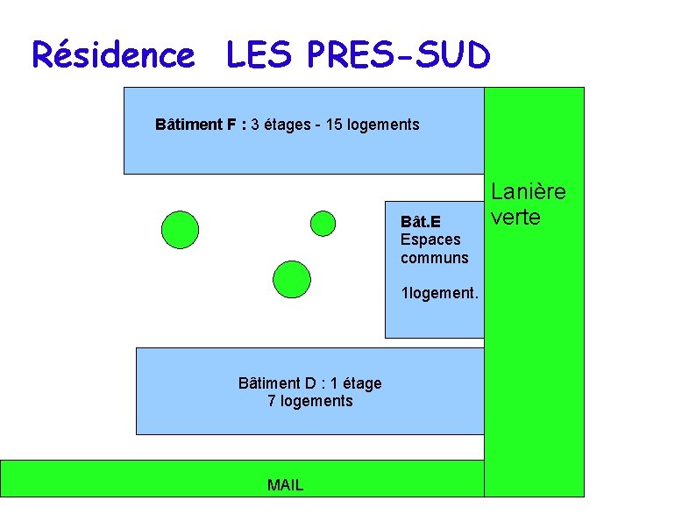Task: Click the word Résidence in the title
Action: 112,56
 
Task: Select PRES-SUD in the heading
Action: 399,56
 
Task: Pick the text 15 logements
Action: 373,125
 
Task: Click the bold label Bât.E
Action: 420,223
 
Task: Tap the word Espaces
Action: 430,240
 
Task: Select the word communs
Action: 434,258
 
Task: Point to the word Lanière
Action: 528,191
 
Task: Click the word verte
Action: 515,217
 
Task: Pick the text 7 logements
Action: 309,401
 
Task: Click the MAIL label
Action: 286,485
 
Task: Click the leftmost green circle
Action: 180,230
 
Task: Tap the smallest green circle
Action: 323,224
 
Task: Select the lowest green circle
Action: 291,278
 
